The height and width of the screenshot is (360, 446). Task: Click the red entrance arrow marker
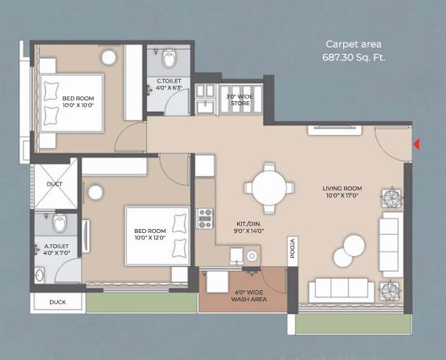tap(416, 145)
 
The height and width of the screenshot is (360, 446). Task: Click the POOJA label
tap(293, 248)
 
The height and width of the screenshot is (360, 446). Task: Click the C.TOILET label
tap(169, 84)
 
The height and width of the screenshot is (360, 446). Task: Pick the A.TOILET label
tap(55, 250)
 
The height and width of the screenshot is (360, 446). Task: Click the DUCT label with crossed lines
tap(55, 183)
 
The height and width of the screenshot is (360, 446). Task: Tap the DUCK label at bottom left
tap(58, 303)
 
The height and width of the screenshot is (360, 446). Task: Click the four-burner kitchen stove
tap(205, 217)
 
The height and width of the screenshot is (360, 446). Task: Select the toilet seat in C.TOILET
tap(169, 58)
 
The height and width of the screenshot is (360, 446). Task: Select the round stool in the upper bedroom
tap(109, 58)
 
